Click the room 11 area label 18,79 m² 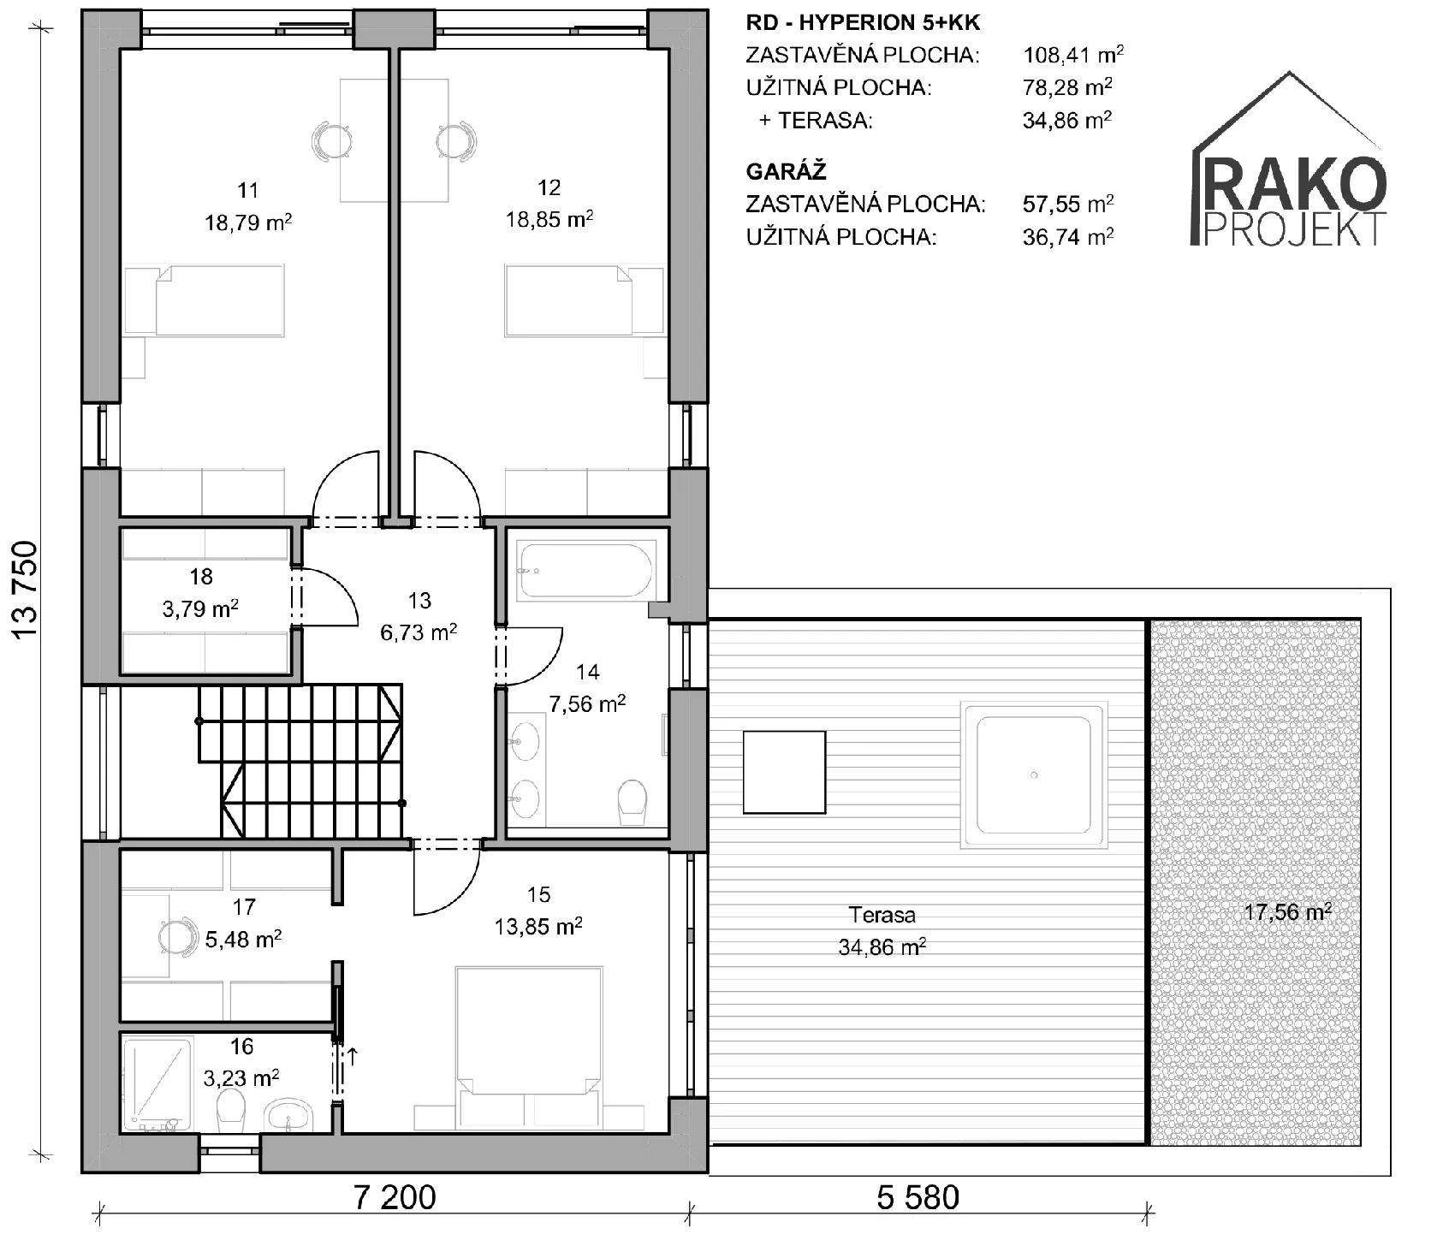[x=248, y=223]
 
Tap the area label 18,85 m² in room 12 [x=549, y=220]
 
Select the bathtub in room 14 [x=586, y=570]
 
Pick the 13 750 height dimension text [x=26, y=590]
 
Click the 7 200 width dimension [x=395, y=1197]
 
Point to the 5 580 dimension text [x=918, y=1197]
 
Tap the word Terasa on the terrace [x=882, y=915]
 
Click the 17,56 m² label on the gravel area [x=1287, y=912]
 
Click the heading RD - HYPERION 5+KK [x=863, y=23]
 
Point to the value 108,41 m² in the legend [x=1073, y=56]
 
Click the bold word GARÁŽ [x=786, y=171]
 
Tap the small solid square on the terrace [x=784, y=772]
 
